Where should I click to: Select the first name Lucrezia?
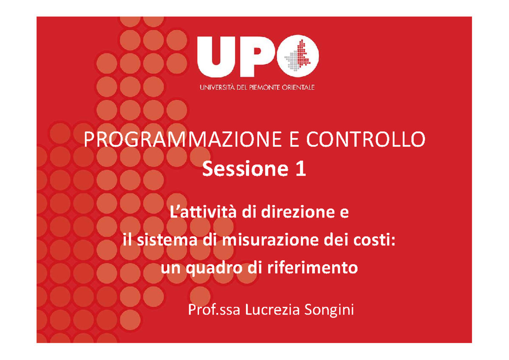[x=266, y=311]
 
